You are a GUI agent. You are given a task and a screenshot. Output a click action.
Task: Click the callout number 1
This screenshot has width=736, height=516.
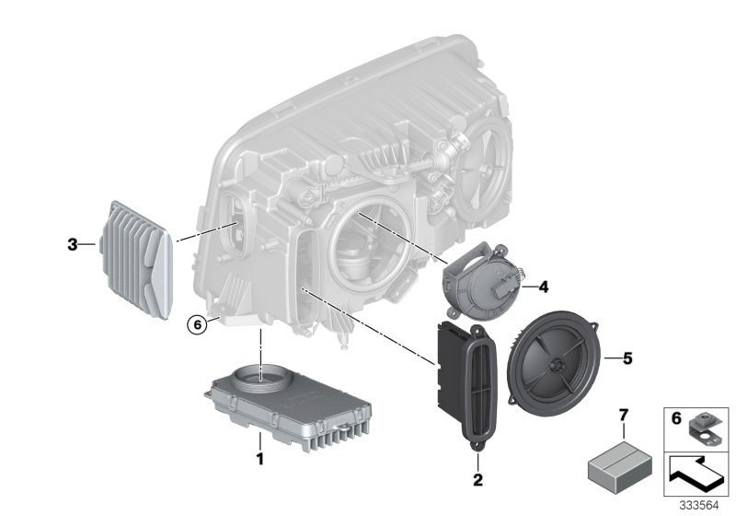tap(259, 458)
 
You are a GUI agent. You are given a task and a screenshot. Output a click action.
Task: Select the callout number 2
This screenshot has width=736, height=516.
tap(478, 480)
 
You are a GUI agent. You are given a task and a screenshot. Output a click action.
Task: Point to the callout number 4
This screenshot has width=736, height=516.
tap(543, 287)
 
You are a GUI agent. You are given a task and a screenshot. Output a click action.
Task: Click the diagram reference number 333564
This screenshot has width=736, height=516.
tap(702, 505)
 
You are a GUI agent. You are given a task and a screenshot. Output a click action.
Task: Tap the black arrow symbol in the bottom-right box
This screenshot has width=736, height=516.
tap(696, 475)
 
